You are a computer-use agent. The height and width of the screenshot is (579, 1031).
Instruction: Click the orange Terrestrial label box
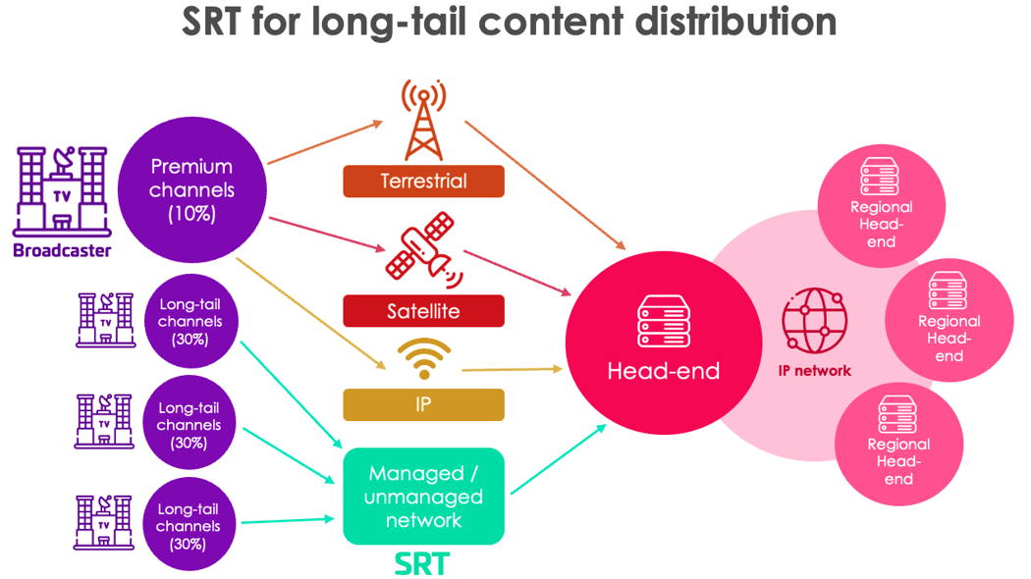click(x=423, y=182)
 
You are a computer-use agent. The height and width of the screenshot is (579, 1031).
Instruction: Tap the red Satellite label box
click(x=423, y=312)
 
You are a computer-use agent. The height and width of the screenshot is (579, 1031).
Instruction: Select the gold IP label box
click(x=423, y=404)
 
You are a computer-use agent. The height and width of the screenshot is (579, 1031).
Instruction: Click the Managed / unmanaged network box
click(x=423, y=497)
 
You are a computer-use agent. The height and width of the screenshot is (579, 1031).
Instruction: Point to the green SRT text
click(x=421, y=564)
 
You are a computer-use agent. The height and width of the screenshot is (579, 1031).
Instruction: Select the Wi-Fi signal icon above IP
click(x=423, y=360)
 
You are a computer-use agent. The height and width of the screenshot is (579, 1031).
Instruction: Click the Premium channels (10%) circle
click(x=191, y=190)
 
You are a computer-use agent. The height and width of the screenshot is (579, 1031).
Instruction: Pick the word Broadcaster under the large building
click(x=62, y=250)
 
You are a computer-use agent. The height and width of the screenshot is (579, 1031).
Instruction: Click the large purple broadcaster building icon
click(x=60, y=191)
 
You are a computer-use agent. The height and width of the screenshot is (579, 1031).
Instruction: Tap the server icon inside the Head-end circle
click(x=664, y=320)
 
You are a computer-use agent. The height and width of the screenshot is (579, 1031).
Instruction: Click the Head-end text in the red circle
click(x=664, y=371)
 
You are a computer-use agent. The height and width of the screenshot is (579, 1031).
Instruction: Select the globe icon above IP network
click(x=814, y=322)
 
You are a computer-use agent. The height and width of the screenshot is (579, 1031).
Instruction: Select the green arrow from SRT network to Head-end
click(x=558, y=458)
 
